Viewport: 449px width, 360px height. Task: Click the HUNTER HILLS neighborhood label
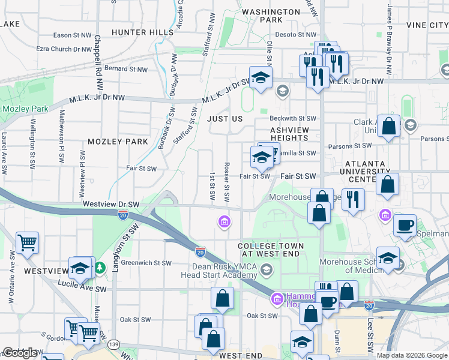point(143,32)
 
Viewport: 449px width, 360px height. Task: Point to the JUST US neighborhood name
point(225,119)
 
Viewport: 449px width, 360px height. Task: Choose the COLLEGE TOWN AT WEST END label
point(271,250)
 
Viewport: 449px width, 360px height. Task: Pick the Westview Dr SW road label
point(111,204)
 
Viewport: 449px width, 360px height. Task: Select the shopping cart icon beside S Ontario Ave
point(28,242)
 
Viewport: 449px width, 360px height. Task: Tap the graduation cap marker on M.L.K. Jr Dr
point(261,77)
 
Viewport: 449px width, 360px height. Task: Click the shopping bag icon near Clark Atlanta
point(389,127)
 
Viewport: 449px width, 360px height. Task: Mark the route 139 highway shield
point(113,344)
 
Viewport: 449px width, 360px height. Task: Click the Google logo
point(20,353)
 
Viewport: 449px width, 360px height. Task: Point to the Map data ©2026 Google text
point(412,355)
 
